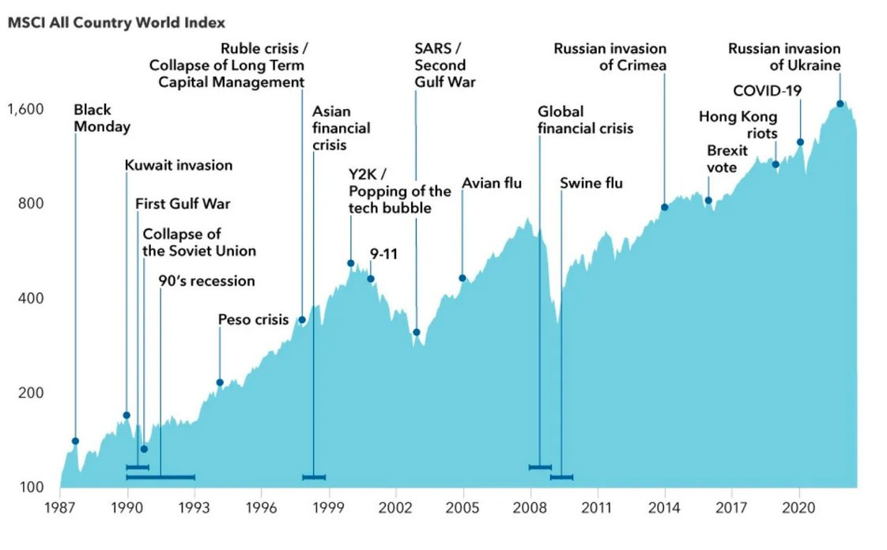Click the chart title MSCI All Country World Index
point(116,23)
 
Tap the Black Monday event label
point(102,118)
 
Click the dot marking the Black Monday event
point(76,441)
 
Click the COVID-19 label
point(767,91)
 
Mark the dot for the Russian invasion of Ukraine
point(840,104)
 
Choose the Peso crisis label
point(253,319)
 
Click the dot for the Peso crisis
point(220,382)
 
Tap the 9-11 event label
point(384,254)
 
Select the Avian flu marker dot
point(462,278)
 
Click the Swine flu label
point(591,183)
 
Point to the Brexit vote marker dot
point(708,200)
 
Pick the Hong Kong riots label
point(738,125)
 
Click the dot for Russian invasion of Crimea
point(665,207)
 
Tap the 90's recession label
point(206,281)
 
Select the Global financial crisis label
point(585,119)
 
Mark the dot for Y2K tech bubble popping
point(351,263)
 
